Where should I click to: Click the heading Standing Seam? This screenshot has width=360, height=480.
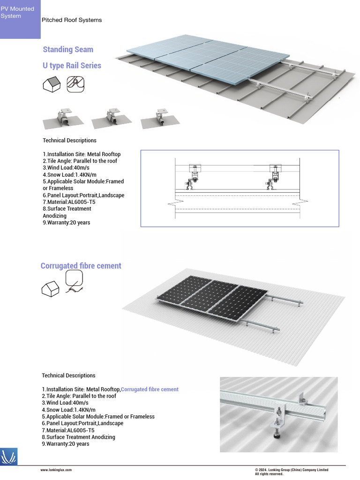click(68, 50)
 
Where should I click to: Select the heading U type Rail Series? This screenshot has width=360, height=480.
click(72, 66)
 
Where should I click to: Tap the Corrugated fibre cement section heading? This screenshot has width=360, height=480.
click(81, 266)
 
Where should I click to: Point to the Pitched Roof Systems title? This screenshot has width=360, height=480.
click(72, 20)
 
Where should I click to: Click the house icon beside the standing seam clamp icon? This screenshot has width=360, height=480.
click(51, 84)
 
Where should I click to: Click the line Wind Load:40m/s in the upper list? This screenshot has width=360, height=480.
click(66, 168)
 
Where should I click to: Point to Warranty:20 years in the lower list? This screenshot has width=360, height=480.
click(66, 444)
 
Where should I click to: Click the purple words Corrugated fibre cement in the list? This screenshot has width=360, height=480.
click(150, 390)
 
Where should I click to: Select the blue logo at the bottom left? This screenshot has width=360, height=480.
click(9, 456)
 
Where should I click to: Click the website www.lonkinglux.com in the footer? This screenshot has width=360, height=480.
click(56, 470)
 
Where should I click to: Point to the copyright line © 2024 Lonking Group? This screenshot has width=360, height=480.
click(291, 470)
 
